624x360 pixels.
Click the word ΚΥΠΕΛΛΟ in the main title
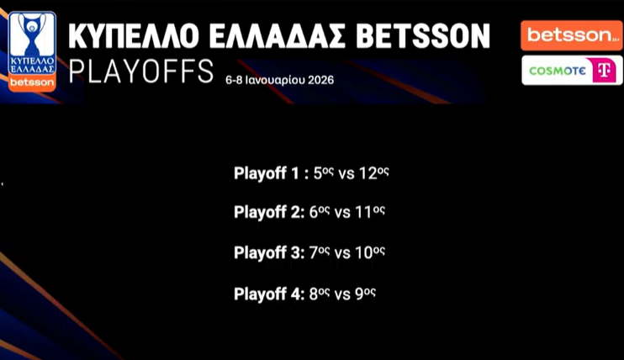click(x=134, y=36)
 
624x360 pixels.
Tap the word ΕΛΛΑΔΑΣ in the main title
click(x=277, y=36)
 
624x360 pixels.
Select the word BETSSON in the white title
click(x=423, y=36)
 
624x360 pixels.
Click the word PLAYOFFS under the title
click(x=141, y=71)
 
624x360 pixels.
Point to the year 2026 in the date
click(x=320, y=80)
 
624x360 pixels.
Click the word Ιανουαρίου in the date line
click(x=275, y=80)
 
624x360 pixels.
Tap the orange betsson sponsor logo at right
click(x=572, y=35)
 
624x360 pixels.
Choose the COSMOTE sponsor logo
click(x=572, y=71)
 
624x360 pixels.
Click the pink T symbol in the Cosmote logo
click(x=605, y=71)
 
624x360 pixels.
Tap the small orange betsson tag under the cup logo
click(x=32, y=82)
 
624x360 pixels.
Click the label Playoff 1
click(x=267, y=173)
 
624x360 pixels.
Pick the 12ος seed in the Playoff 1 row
click(x=373, y=173)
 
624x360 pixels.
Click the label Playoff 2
click(x=269, y=212)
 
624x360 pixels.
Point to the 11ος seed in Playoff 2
click(x=370, y=212)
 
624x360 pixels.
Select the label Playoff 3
click(x=269, y=253)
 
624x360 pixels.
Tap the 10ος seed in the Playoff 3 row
click(x=370, y=252)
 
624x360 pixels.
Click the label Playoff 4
click(x=269, y=294)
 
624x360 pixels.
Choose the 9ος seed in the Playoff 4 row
click(x=365, y=294)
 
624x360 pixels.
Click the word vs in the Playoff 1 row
click(x=346, y=174)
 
